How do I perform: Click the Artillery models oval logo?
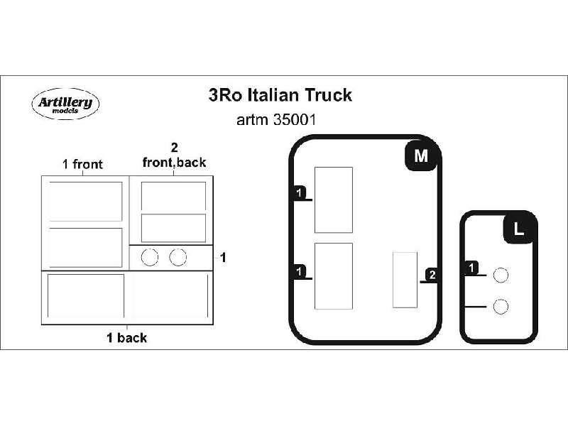pos(65,104)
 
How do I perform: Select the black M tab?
pos(420,156)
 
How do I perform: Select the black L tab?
pos(518,229)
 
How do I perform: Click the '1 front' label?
pos(82,165)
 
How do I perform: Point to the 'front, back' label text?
pos(174,163)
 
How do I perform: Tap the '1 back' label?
pos(126,338)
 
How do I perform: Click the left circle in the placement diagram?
pos(150,257)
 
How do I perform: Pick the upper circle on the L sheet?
pos(501,275)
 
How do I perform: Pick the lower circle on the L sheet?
pos(501,307)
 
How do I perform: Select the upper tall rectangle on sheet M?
pos(333,200)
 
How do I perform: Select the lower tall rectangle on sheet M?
pos(333,275)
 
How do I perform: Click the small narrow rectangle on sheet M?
pos(405,280)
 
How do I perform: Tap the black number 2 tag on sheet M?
pos(433,275)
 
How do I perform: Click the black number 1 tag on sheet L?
pos(472,268)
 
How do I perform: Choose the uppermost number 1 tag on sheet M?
pos(300,193)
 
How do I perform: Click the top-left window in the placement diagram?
pos(84,201)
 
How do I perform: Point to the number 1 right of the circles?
pos(223,258)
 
